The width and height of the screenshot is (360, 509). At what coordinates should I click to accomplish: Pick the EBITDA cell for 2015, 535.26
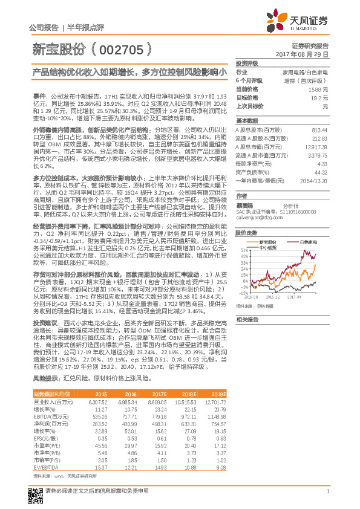coord(97,417)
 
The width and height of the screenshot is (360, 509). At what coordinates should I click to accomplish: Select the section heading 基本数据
coord(246,121)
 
